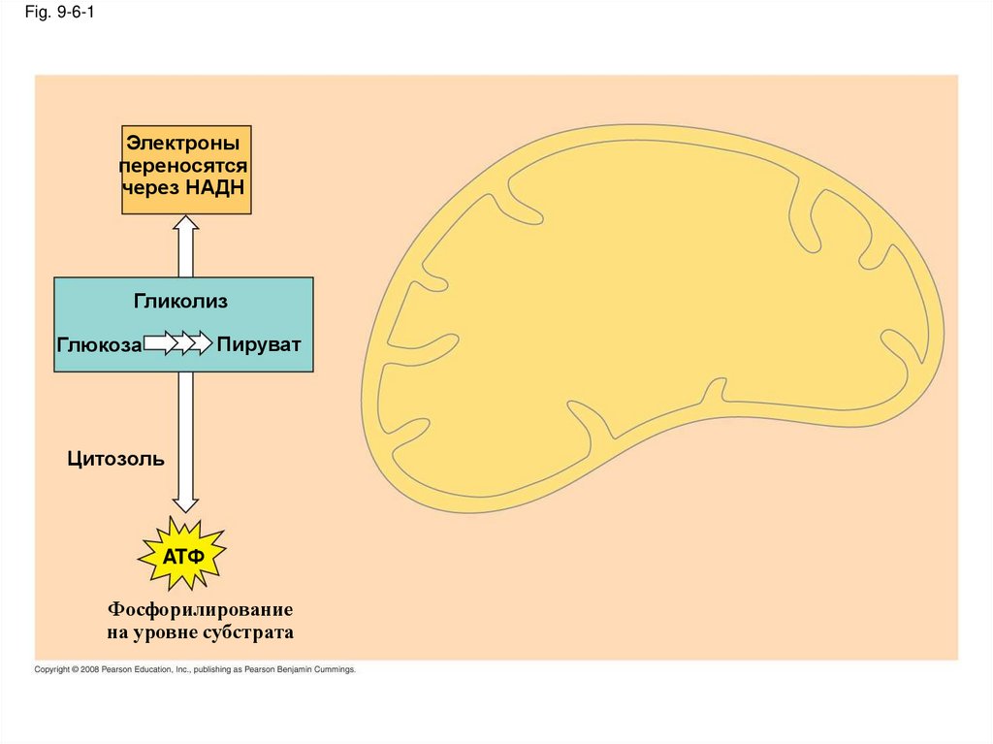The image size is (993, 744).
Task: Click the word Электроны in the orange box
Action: (184, 145)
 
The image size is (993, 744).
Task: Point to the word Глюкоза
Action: (99, 344)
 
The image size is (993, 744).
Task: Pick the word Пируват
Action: (259, 344)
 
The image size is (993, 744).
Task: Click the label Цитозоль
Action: (115, 459)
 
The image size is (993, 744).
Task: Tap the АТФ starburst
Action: (182, 555)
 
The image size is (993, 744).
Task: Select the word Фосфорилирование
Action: (200, 610)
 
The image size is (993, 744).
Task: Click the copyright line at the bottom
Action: (195, 669)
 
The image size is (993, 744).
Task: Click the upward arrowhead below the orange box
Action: (186, 224)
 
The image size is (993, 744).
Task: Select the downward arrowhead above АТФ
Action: (185, 503)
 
